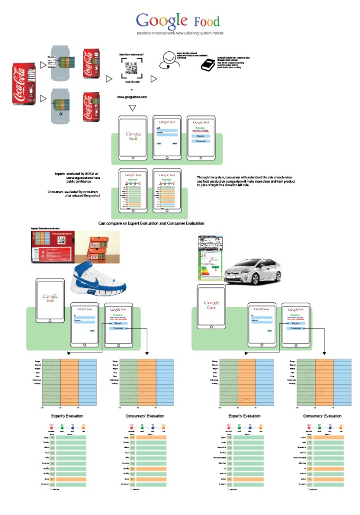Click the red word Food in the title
(x=207, y=22)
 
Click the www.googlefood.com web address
(x=132, y=97)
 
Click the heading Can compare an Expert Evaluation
(x=151, y=223)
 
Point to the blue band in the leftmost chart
(x=87, y=382)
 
